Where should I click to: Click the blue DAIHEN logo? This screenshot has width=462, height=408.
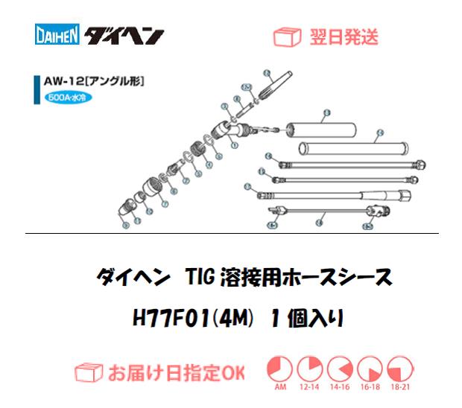[x=58, y=36]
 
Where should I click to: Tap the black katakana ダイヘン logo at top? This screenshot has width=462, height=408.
[x=124, y=36]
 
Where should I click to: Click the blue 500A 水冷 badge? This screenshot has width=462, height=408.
[x=66, y=98]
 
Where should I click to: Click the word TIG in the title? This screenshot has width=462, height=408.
[x=197, y=278]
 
